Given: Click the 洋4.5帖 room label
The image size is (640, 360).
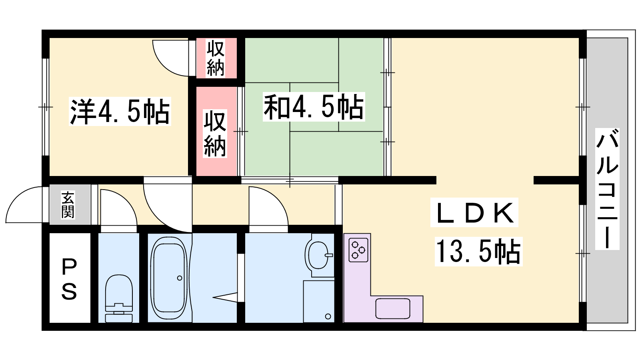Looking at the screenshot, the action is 120,111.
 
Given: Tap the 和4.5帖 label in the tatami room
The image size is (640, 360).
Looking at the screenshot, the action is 314,106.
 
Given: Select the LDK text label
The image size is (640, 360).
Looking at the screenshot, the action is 474,212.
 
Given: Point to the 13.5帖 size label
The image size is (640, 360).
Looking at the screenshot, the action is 478,252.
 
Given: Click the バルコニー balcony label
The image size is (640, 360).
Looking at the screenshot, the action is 607,189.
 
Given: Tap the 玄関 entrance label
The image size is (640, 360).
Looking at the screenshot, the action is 68,204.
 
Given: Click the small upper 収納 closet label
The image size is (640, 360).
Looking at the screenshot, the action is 216,58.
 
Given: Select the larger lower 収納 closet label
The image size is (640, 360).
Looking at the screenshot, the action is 215,134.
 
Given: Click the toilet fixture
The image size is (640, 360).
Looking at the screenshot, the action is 119,298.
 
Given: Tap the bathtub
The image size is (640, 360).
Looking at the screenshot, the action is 170,278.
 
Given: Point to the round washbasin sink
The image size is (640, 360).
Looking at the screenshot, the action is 318,255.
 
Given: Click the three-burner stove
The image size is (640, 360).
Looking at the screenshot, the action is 358,250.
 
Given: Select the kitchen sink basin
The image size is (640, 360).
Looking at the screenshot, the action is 393,308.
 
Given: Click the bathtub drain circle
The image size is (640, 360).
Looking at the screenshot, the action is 180,278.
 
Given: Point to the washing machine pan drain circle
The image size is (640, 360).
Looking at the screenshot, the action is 328,316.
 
